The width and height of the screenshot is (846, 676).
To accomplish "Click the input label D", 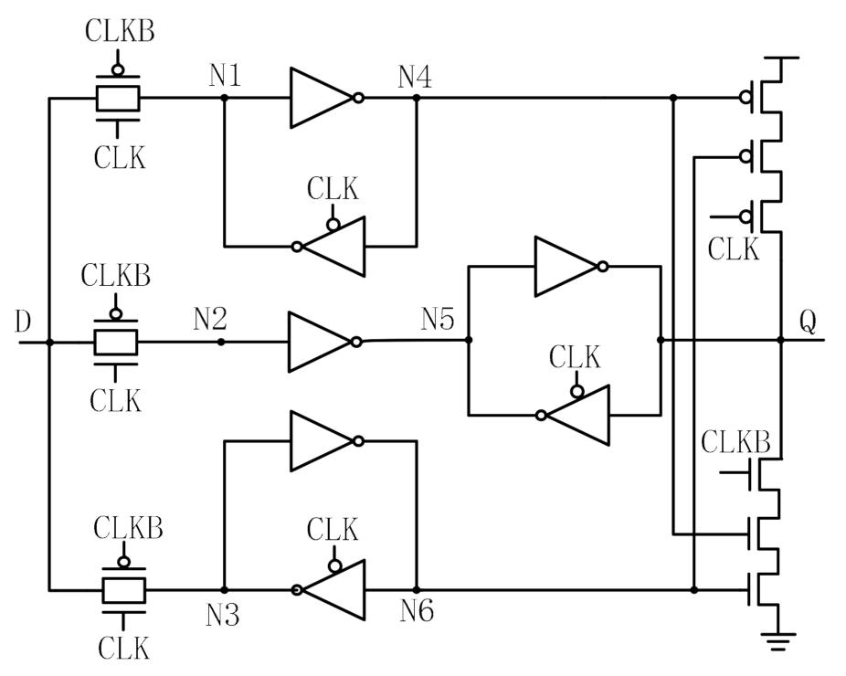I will click(25, 322).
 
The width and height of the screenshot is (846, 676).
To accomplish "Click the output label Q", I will click(807, 322).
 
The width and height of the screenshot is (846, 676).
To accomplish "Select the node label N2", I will click(211, 320).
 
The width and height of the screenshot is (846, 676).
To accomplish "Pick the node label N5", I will click(440, 320).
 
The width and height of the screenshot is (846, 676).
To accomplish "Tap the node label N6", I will click(416, 612).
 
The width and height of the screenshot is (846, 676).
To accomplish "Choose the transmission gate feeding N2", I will click(117, 341).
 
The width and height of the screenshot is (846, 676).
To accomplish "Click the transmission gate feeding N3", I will click(122, 590).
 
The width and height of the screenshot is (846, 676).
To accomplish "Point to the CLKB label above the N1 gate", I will click(120, 30).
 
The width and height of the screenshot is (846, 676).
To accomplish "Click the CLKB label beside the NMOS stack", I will click(736, 443).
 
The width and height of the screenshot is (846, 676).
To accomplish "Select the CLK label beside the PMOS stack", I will click(735, 248).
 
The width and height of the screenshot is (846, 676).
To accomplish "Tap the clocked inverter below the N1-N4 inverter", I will click(331, 246).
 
